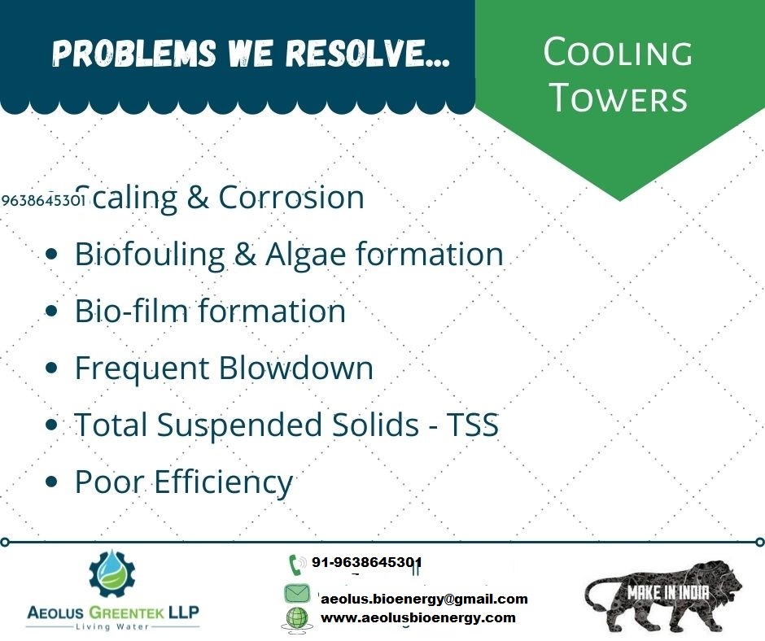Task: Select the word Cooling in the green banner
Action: [x=618, y=52]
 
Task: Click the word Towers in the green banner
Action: [x=619, y=97]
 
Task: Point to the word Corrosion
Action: [x=291, y=197]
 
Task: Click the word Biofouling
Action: [x=149, y=255]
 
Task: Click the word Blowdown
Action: [x=295, y=368]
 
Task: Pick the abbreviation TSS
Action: [x=473, y=425]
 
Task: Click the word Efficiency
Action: [x=224, y=482]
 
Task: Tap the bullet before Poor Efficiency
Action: [x=51, y=482]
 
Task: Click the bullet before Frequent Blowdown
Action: [x=51, y=368]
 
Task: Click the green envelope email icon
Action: [x=296, y=593]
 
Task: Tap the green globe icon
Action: [x=296, y=618]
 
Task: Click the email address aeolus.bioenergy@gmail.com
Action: [x=425, y=599]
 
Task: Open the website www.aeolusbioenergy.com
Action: [x=418, y=617]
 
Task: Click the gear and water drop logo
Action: [x=112, y=574]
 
